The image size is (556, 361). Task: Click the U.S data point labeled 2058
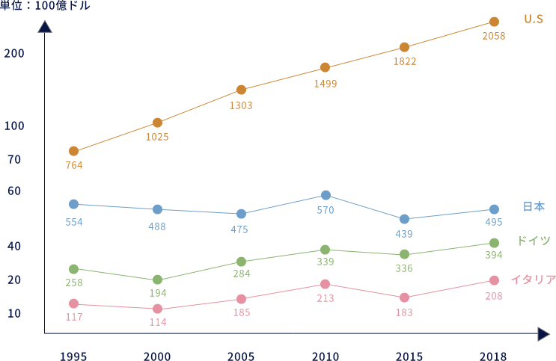[x=494, y=22]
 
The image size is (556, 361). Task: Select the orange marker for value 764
[x=73, y=151]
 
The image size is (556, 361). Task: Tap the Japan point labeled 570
[x=326, y=195]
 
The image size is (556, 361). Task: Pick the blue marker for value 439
[x=404, y=219]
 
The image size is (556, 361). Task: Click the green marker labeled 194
[x=157, y=280]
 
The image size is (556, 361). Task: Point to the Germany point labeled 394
[x=494, y=243]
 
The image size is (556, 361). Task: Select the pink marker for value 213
[x=326, y=284]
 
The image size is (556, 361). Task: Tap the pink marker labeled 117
[x=73, y=303]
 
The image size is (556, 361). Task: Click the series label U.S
[x=533, y=19]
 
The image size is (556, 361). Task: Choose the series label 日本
[x=533, y=207]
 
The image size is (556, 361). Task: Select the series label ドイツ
[x=534, y=241]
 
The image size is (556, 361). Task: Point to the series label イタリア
[x=533, y=280]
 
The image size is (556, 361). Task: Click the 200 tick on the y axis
[x=14, y=54]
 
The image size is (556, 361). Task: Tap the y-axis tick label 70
[x=14, y=160]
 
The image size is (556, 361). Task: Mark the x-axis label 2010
[x=326, y=356]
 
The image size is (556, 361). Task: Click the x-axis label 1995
[x=73, y=356]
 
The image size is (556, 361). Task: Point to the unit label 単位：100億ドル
[x=45, y=6]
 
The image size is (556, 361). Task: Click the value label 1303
[x=241, y=105]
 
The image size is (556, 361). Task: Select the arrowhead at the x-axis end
[x=543, y=333]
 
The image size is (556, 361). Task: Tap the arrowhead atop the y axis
[x=45, y=27]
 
